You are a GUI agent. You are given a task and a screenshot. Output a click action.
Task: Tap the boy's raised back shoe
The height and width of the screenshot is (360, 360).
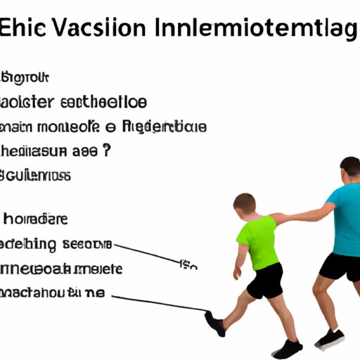pyautogui.click(x=214, y=323)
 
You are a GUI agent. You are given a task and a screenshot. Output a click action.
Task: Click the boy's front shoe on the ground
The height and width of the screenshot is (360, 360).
pyautogui.click(x=287, y=348)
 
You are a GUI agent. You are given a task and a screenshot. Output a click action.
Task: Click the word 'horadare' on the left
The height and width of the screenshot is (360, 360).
pyautogui.click(x=35, y=219)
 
